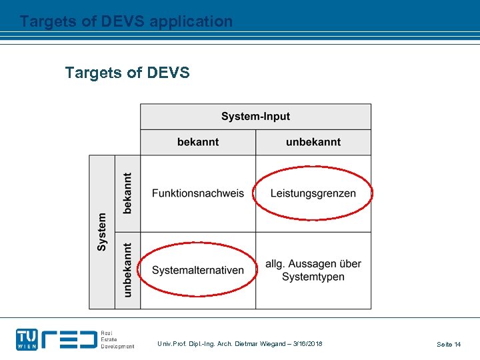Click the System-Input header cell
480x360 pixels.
255,117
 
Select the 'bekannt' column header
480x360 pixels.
198,142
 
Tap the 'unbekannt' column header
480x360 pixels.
313,142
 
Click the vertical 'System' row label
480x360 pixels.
102,232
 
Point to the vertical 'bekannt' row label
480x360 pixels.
127,193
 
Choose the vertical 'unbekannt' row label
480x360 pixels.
127,270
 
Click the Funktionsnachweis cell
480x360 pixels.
198,193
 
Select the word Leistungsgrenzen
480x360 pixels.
313,193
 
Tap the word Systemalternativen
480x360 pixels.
198,270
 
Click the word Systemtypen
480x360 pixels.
313,277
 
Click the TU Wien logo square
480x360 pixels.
27,339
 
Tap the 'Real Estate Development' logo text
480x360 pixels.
117,339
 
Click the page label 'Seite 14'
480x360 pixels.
449,344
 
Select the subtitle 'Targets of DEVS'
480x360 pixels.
127,72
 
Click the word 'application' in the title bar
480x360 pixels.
191,21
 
